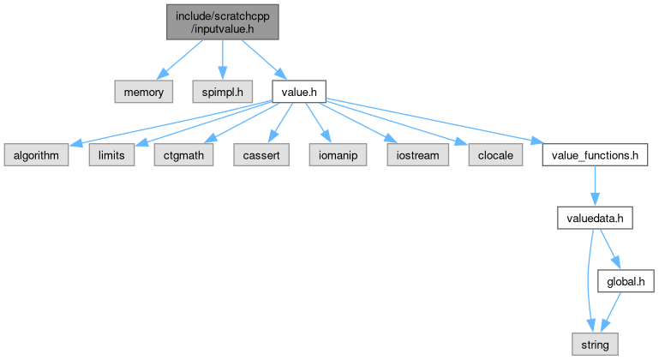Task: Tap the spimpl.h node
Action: click(x=222, y=89)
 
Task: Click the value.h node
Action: click(x=297, y=89)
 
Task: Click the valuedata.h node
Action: click(x=594, y=218)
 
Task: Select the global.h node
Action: click(x=625, y=280)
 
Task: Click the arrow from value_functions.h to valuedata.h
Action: click(x=594, y=186)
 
